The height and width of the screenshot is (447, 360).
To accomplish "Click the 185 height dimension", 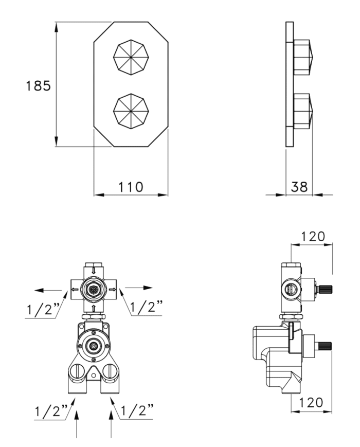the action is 38,85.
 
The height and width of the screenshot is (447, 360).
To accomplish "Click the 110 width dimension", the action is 131,187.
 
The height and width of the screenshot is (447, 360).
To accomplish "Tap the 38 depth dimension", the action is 299,187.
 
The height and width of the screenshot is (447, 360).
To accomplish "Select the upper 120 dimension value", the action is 313,236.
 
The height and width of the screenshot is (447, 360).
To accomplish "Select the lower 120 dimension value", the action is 311,403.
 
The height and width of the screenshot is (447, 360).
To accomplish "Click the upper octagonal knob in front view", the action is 131,57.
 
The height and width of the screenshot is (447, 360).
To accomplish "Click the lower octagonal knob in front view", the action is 131,111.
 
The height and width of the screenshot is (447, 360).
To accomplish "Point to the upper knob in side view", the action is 303,57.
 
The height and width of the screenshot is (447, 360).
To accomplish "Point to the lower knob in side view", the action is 303,111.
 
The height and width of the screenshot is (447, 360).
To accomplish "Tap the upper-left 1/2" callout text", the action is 43,309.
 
